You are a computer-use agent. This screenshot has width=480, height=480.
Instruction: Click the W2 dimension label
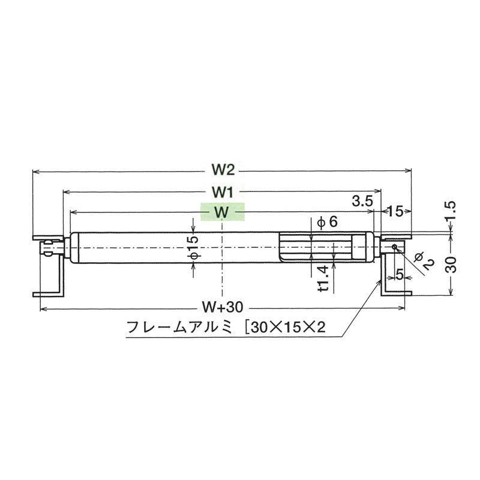coord(222,170)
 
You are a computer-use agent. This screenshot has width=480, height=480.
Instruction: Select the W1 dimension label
coord(222,192)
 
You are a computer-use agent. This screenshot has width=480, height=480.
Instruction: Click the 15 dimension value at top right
coord(395,211)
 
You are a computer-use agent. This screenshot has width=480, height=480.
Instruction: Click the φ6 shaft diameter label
coord(327,222)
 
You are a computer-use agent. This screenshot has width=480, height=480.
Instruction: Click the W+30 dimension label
coord(222,308)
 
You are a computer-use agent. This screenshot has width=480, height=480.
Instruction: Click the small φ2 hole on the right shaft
coord(394,247)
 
